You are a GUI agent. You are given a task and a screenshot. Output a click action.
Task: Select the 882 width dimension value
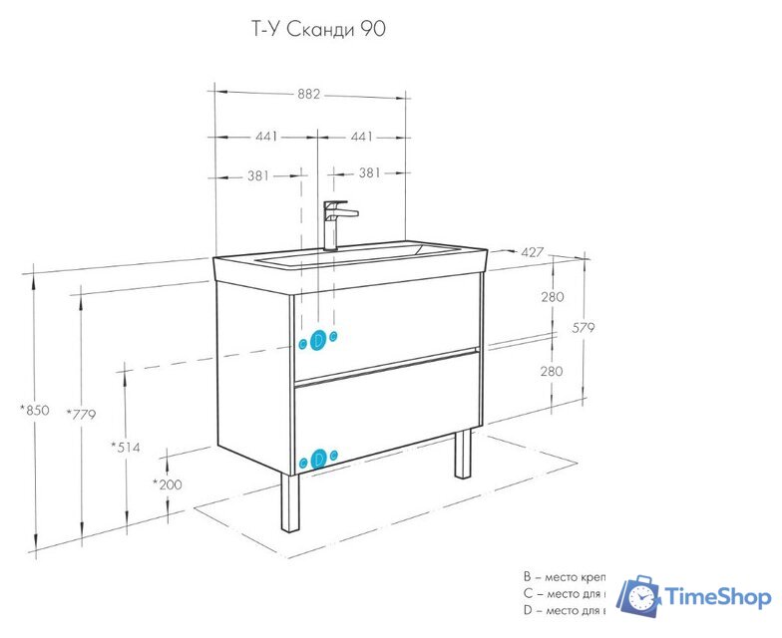pyautogui.click(x=309, y=95)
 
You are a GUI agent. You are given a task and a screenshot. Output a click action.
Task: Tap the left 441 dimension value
pyautogui.click(x=266, y=136)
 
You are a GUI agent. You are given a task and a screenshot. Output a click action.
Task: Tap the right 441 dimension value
pyautogui.click(x=360, y=136)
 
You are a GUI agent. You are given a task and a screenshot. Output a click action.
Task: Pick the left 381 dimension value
pyautogui.click(x=258, y=175)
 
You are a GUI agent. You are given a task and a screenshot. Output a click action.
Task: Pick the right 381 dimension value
pyautogui.click(x=369, y=173)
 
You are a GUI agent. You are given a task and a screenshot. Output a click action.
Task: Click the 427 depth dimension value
pyautogui.click(x=532, y=252)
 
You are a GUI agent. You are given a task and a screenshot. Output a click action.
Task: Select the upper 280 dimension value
pyautogui.click(x=553, y=297)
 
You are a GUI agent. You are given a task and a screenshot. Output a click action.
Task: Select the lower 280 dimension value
pyautogui.click(x=553, y=371)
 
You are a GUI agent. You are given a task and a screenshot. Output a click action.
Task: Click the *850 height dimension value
pyautogui.click(x=34, y=410)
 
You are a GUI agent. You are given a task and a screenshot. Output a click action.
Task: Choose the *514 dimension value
pyautogui.click(x=125, y=447)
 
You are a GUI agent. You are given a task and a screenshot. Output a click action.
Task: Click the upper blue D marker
pyautogui.click(x=318, y=340)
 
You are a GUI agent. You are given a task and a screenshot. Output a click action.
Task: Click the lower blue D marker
pyautogui.click(x=318, y=460)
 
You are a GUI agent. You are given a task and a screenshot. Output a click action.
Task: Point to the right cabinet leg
pyautogui.click(x=463, y=455)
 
